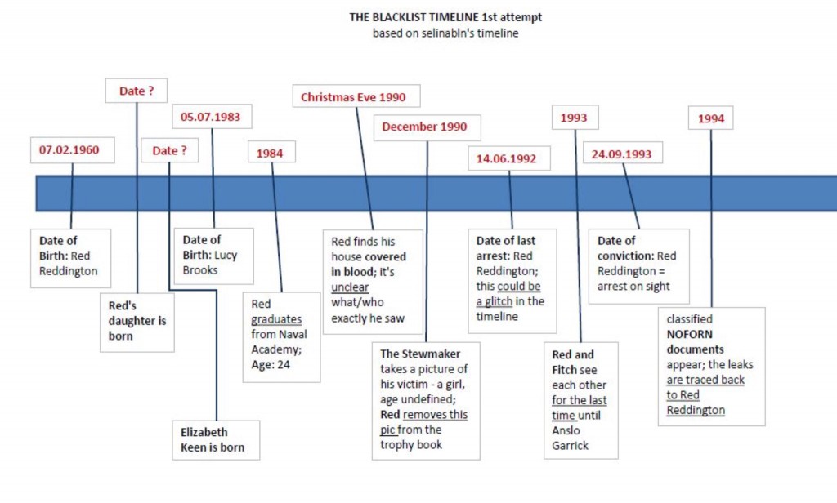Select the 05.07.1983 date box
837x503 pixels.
(x=212, y=116)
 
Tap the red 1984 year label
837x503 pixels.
(x=271, y=152)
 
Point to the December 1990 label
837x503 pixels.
(x=424, y=127)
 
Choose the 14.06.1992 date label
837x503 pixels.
(x=506, y=158)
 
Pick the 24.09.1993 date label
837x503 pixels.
(x=621, y=154)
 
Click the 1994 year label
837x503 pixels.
(x=710, y=118)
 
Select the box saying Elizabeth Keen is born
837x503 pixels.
(x=216, y=439)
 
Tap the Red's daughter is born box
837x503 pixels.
(x=137, y=320)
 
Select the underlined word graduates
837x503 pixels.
(x=276, y=319)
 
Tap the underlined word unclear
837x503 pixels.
(x=350, y=287)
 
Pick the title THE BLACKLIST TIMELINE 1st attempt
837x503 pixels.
(x=445, y=17)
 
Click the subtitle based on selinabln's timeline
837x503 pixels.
(x=445, y=33)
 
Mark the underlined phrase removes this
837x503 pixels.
(x=435, y=414)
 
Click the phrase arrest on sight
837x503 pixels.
(x=633, y=286)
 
